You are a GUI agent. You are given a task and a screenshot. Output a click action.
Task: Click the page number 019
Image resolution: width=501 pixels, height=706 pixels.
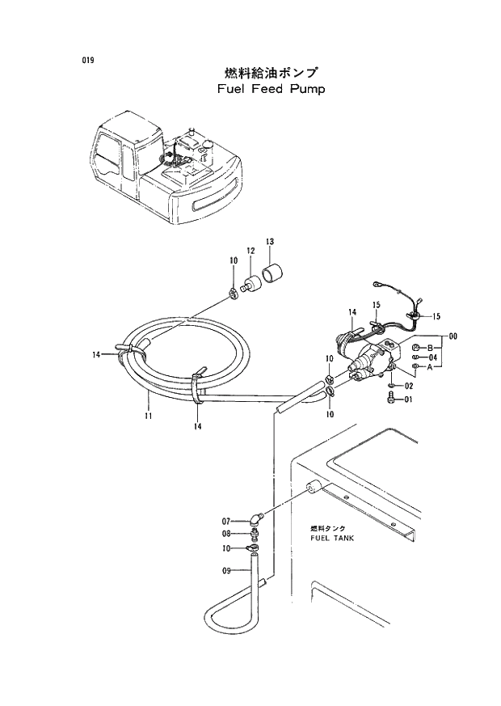tap(87, 61)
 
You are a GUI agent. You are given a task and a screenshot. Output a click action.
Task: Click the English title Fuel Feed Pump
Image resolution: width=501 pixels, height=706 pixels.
tap(271, 89)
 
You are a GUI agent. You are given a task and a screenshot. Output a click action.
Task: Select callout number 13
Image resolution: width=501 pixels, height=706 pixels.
tap(270, 242)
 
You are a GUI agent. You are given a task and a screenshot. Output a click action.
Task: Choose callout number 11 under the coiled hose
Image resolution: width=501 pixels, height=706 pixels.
tap(149, 416)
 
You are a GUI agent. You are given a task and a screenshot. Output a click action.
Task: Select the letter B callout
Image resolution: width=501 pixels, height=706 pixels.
tap(431, 347)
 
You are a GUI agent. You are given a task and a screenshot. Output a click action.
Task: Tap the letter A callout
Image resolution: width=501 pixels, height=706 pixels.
tap(431, 366)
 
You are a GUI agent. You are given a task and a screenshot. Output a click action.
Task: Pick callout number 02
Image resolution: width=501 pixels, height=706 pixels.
tap(409, 387)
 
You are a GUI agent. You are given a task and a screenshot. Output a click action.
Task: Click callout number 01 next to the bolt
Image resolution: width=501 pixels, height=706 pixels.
tap(409, 399)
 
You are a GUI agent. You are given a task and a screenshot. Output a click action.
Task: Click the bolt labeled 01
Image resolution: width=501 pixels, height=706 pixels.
tap(391, 398)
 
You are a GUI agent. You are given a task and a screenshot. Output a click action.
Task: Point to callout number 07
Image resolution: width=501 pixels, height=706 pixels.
tap(227, 521)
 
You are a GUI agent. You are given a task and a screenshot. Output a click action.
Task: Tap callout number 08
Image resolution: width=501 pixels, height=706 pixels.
tap(227, 533)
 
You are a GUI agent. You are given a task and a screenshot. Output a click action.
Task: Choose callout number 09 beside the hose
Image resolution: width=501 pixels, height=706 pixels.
tap(227, 570)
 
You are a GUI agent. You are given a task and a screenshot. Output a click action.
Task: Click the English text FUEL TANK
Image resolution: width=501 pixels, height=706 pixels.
tap(331, 538)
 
